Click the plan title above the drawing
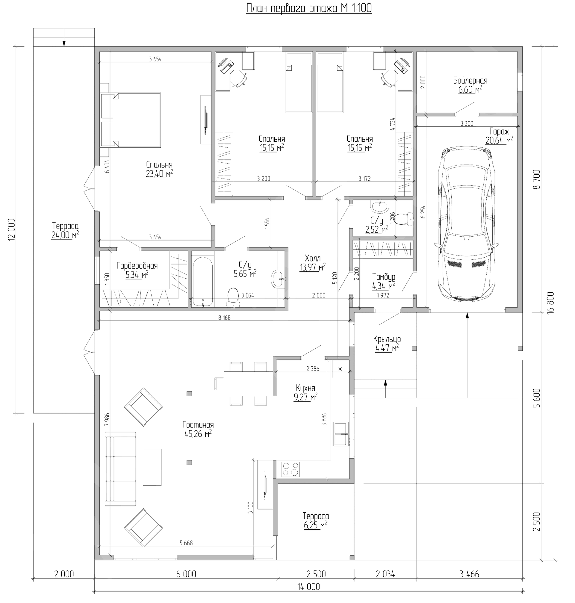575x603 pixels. pyautogui.click(x=309, y=8)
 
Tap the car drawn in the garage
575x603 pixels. pyautogui.click(x=467, y=224)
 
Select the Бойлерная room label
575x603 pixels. pyautogui.click(x=470, y=81)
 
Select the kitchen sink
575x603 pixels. pyautogui.click(x=341, y=434)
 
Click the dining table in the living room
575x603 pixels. pyautogui.click(x=248, y=383)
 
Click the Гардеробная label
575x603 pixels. pyautogui.click(x=137, y=265)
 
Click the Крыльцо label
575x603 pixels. pyautogui.click(x=387, y=339)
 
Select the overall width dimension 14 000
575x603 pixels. pyautogui.click(x=308, y=587)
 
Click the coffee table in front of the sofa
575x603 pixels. pyautogui.click(x=152, y=467)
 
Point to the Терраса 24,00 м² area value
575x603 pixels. pyautogui.click(x=65, y=235)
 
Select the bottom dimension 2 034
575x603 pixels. pyautogui.click(x=385, y=574)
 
